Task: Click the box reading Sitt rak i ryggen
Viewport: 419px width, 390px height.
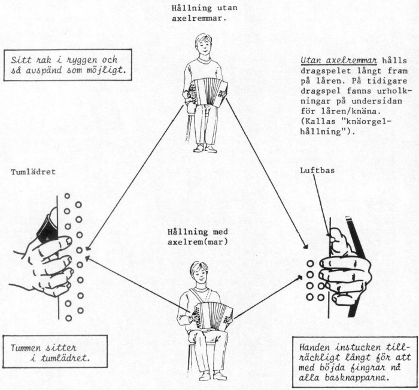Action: click(66, 66)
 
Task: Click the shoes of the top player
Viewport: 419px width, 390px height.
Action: click(205, 148)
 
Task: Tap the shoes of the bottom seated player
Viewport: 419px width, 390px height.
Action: click(212, 376)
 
